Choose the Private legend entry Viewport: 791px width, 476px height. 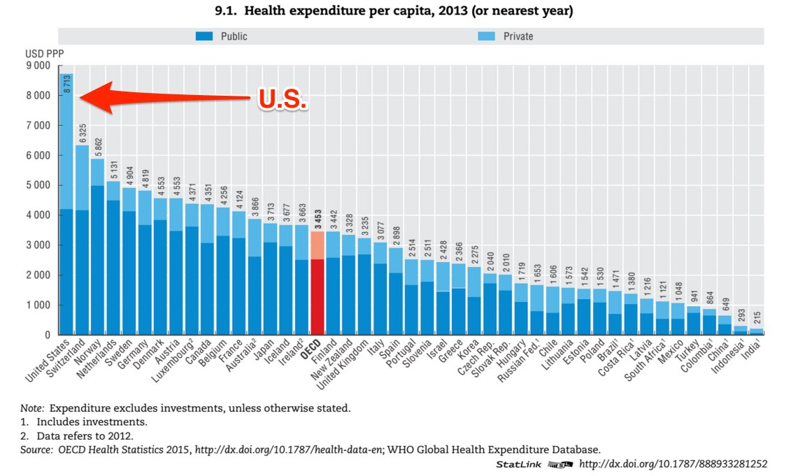[518, 36]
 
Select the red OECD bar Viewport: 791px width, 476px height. [318, 294]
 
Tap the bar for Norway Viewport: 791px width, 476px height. [98, 266]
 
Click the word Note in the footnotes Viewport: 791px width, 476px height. [31, 407]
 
